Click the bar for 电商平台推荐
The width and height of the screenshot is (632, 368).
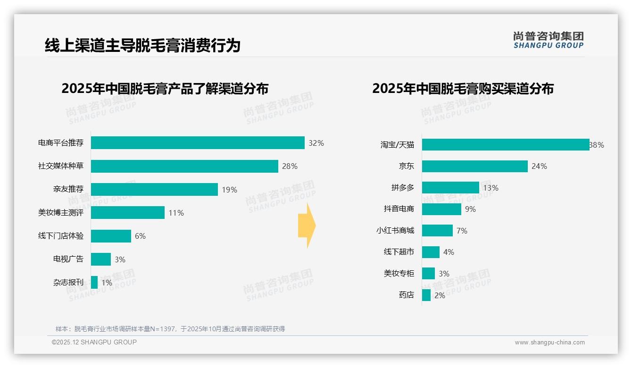(x=198, y=143)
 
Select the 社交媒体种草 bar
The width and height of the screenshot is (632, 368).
(x=184, y=166)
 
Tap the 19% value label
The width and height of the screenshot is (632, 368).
(x=229, y=190)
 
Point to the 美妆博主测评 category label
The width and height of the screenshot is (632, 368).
(x=61, y=213)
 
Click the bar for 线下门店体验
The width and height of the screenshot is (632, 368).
(x=111, y=236)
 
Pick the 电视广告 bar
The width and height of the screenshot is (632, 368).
(x=101, y=259)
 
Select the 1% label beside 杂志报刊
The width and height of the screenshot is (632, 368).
(x=107, y=283)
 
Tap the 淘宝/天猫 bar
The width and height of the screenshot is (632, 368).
(x=506, y=145)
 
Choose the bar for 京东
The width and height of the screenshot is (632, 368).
(x=474, y=166)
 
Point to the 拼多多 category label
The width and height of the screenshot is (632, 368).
(x=403, y=188)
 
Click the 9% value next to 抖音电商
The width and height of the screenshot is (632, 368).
(x=470, y=209)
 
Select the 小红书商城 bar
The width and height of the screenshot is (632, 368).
(x=437, y=231)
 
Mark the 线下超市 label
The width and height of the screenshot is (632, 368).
(x=399, y=252)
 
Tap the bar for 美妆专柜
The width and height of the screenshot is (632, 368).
(x=428, y=274)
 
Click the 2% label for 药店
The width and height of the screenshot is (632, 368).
(x=440, y=295)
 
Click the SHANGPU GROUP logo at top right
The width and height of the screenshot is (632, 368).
(x=548, y=40)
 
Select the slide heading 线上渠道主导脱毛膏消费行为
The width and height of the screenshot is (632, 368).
(x=142, y=45)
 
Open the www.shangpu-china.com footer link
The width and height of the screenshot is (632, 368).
(x=549, y=343)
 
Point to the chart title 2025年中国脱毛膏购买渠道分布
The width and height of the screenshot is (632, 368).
(x=463, y=89)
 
